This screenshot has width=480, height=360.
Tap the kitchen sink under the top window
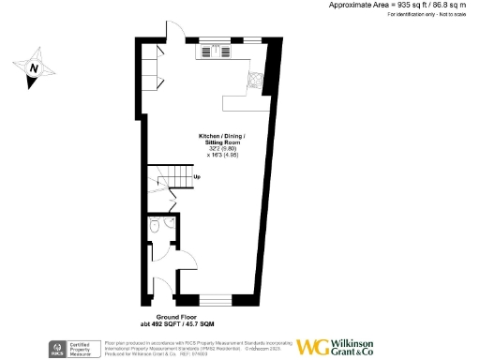(x=217, y=51)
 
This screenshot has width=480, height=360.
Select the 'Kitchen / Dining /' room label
(x=221, y=136)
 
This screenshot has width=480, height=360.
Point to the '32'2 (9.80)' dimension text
(x=221, y=149)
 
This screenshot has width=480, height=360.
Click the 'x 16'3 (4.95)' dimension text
(x=221, y=156)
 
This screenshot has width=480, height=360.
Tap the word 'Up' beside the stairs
(x=197, y=176)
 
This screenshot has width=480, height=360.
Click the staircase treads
(x=167, y=178)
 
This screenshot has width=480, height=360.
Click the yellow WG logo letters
(x=314, y=346)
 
